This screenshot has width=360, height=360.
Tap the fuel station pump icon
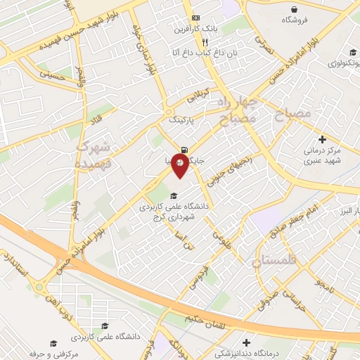pyautogui.click(x=184, y=149)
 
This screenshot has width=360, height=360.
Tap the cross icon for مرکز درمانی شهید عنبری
pyautogui.click(x=322, y=139)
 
